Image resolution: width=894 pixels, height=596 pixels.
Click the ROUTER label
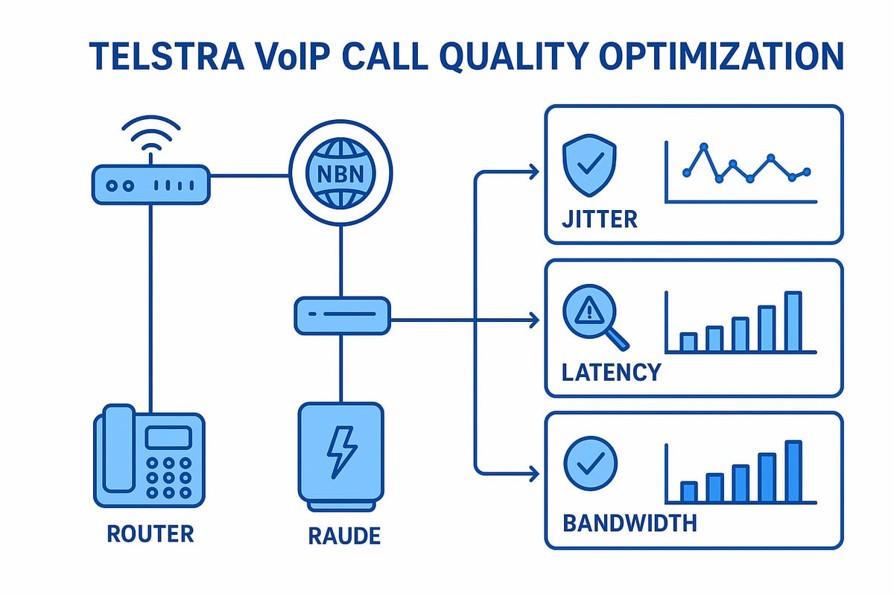click(150, 533)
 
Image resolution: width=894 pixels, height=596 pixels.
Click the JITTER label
click(600, 219)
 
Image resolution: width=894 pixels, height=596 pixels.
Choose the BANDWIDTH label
click(630, 522)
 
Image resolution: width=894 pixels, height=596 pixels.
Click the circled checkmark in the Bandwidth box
click(590, 463)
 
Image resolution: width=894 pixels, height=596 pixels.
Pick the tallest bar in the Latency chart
click(793, 321)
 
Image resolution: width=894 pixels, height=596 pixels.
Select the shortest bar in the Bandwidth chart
click(689, 492)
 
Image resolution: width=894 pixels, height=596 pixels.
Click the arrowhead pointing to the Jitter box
click(532, 173)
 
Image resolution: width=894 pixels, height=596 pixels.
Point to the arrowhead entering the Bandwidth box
click(532, 473)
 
